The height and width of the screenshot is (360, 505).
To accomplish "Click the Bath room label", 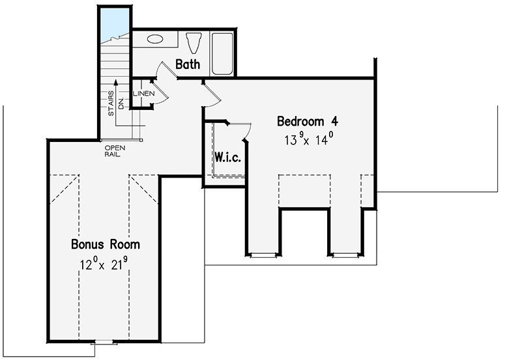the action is pos(188,64).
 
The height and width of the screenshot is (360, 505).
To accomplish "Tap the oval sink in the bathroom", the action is pos(155,39).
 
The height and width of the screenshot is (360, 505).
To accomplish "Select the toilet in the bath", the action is pos(194,43).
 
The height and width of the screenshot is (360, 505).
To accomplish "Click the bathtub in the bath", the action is pos(222,53).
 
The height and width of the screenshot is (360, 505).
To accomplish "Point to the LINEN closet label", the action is pos(143,94).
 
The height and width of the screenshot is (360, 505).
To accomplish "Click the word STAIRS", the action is pos(111,104).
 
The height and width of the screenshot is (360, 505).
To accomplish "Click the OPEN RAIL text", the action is pos(115,151).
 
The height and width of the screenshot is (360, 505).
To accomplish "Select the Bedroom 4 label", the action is pos(308,121).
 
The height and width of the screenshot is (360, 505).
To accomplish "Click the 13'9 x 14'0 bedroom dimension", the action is pos(309,139).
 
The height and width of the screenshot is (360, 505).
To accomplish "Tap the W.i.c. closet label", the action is pos(227,158).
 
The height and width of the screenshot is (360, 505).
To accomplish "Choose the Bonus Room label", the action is pos(106,244).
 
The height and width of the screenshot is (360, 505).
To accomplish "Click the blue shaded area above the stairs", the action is pos(115,24).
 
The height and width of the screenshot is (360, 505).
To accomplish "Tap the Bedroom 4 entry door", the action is pos(212,92).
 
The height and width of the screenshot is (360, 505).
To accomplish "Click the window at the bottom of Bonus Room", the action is pos(104,342).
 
